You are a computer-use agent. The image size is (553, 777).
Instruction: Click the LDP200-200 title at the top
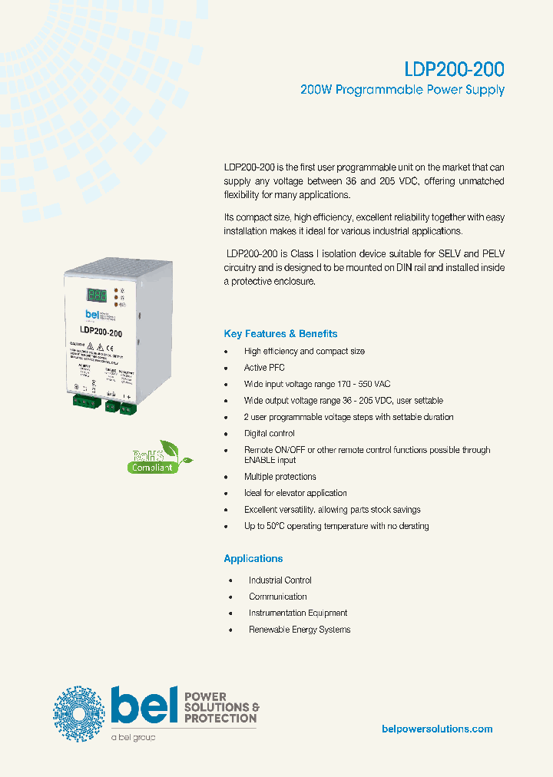point(454,69)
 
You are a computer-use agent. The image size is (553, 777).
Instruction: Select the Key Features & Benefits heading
point(280,334)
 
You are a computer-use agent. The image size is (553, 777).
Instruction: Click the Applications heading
point(253,558)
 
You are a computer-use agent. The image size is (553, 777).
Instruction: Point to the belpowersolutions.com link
point(437,729)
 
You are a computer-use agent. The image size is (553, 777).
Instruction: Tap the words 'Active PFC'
point(264,368)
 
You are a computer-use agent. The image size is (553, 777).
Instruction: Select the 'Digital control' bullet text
point(269,434)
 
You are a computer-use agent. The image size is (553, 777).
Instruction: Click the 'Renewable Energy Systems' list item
point(300,630)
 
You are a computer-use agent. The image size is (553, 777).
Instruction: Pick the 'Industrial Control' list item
point(280,580)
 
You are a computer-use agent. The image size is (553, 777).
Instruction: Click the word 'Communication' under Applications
point(277,597)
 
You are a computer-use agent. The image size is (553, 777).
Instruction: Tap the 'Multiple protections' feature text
point(280,477)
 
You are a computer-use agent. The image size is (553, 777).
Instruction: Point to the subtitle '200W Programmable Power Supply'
point(402,90)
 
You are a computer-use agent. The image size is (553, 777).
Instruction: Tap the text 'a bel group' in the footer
point(133,737)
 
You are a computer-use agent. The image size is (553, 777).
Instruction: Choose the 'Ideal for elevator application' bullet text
point(295,493)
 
